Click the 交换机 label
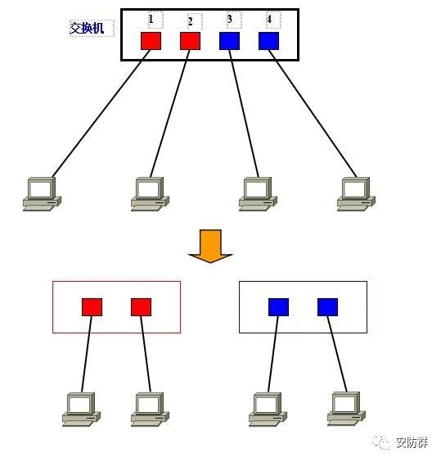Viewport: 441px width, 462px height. coord(87,29)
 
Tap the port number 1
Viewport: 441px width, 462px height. coord(151,19)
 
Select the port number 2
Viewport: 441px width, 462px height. coord(191,21)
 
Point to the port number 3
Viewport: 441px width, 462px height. coord(230,19)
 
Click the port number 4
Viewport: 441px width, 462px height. coord(269,19)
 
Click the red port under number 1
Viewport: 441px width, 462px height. coord(151,41)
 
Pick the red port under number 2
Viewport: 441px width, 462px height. coord(190,41)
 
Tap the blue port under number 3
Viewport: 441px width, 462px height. coord(230,41)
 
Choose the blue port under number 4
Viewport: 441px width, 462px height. coord(269,41)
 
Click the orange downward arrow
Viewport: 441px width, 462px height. coord(210,246)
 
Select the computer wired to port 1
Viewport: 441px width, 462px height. coord(42,194)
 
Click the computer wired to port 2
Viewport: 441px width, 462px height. coord(151,194)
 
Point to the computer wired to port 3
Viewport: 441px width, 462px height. coord(259,194)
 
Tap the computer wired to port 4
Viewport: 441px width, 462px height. coord(356,194)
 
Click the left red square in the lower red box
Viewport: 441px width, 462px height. coord(92,307)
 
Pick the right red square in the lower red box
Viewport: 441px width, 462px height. coord(142,307)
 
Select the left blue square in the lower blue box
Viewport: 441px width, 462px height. coord(278,307)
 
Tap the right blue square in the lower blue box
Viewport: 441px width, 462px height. coord(327,307)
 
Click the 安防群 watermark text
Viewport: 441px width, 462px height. coord(412,442)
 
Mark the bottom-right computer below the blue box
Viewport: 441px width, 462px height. coord(347,409)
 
